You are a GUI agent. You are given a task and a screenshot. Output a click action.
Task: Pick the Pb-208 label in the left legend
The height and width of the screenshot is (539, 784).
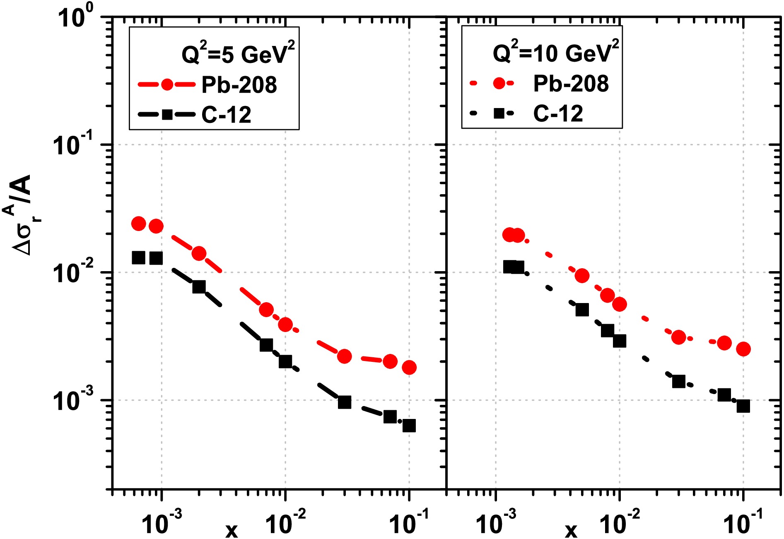pyautogui.click(x=239, y=85)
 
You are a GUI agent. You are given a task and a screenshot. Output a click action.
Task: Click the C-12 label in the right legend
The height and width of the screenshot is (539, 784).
pyautogui.click(x=558, y=113)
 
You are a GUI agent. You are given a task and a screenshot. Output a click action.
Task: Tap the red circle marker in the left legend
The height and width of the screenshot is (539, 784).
pyautogui.click(x=167, y=84)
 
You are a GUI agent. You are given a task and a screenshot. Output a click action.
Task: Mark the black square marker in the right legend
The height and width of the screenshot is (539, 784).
pyautogui.click(x=499, y=113)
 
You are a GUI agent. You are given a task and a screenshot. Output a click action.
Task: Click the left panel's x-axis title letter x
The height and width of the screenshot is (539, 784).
pyautogui.click(x=232, y=529)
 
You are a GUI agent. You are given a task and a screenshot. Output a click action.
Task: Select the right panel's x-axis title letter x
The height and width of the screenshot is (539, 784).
pyautogui.click(x=571, y=529)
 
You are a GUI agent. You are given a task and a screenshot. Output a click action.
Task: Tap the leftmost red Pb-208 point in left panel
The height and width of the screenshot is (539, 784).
pyautogui.click(x=138, y=224)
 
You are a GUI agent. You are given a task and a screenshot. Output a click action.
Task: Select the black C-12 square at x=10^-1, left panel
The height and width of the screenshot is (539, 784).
pyautogui.click(x=409, y=426)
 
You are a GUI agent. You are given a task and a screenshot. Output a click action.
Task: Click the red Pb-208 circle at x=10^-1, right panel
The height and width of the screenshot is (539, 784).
pyautogui.click(x=743, y=349)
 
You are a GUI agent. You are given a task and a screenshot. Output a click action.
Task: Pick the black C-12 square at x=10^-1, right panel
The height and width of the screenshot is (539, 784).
pyautogui.click(x=743, y=406)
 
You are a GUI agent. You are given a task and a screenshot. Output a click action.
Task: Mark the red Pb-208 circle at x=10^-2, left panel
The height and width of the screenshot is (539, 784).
pyautogui.click(x=285, y=325)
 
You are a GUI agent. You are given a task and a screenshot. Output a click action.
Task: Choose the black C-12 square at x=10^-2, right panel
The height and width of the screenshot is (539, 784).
pyautogui.click(x=620, y=341)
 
